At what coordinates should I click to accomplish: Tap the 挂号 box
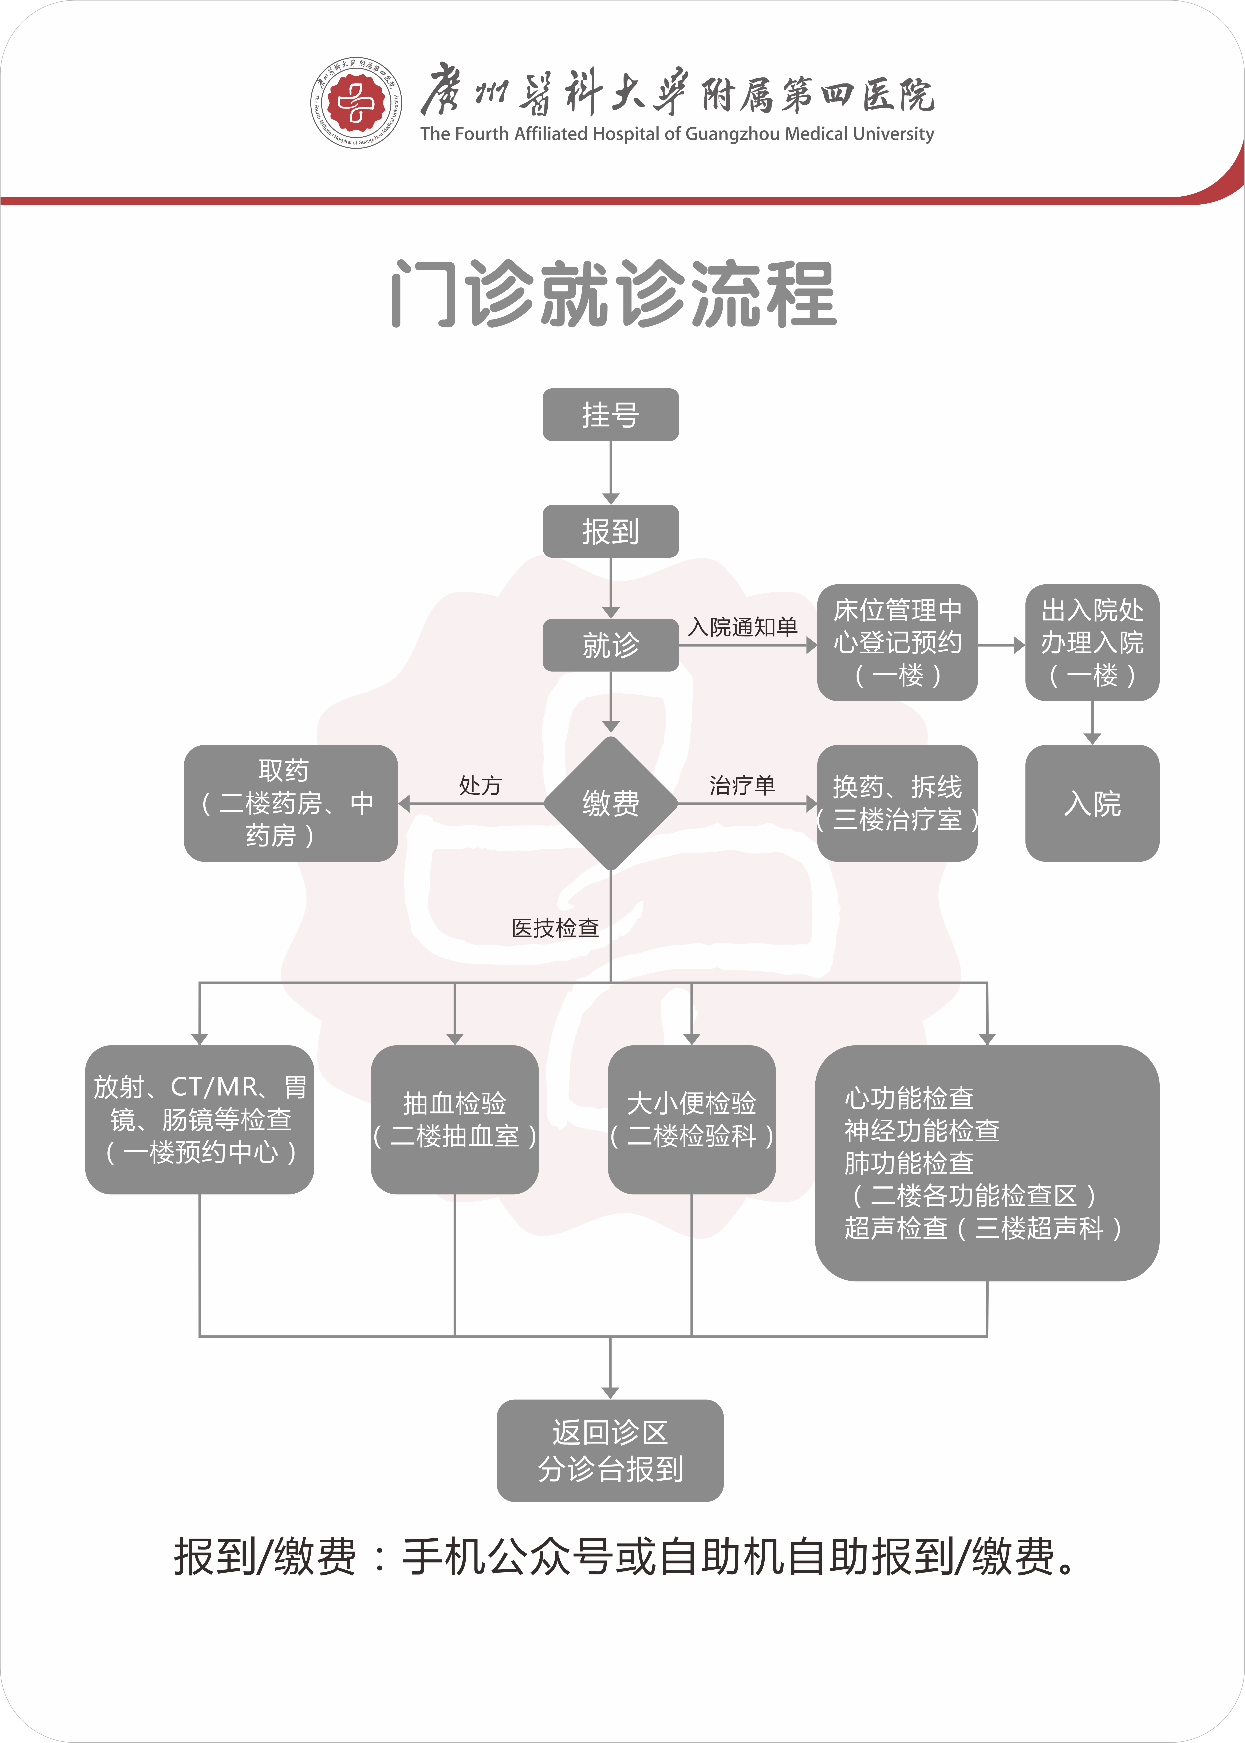610,415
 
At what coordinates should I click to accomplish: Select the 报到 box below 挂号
610,531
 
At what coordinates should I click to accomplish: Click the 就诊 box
610,645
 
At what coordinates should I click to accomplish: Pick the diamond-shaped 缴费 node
610,803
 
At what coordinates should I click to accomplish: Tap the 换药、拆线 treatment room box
897,803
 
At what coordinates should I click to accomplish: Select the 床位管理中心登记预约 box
897,643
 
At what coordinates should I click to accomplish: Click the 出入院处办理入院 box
1092,643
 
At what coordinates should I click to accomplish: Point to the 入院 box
1092,803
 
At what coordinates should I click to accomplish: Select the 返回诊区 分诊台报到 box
610,1450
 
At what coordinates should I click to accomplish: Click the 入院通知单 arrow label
742,627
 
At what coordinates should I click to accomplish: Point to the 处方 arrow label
480,785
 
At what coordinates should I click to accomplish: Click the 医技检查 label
555,928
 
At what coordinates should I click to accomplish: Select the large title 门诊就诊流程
613,294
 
